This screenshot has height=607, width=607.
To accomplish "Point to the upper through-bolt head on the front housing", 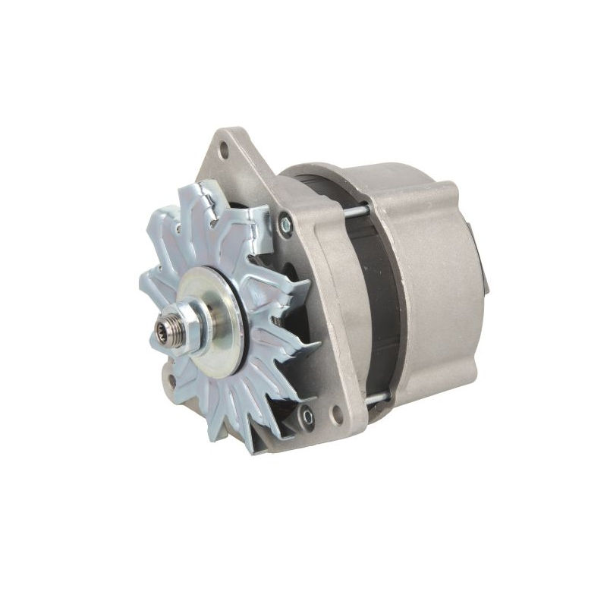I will [285, 224].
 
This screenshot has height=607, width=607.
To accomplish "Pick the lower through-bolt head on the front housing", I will [307, 414].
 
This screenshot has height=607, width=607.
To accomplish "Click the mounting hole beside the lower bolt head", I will [336, 414].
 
